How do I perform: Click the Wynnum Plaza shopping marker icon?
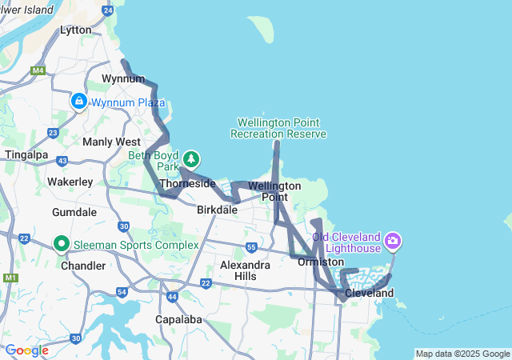pyautogui.click(x=78, y=102)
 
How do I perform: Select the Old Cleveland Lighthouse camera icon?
pyautogui.click(x=392, y=240)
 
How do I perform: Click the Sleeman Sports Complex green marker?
pyautogui.click(x=61, y=243)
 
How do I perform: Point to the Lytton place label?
pyautogui.click(x=76, y=30)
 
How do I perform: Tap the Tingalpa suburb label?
pyautogui.click(x=28, y=154)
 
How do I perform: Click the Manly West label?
pyautogui.click(x=111, y=142)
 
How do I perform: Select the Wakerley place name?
pyautogui.click(x=70, y=182)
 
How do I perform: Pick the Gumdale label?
pyautogui.click(x=74, y=213)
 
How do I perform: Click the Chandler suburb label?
pyautogui.click(x=83, y=266)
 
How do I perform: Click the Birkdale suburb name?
pyautogui.click(x=218, y=210)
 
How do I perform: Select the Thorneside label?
pyautogui.click(x=188, y=184)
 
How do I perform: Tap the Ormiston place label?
pyautogui.click(x=320, y=262)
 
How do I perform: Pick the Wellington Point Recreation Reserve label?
pyautogui.click(x=278, y=128)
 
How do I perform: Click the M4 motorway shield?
pyautogui.click(x=38, y=70)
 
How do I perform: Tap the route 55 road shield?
pyautogui.click(x=251, y=247)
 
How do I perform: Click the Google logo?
pyautogui.click(x=26, y=350)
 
